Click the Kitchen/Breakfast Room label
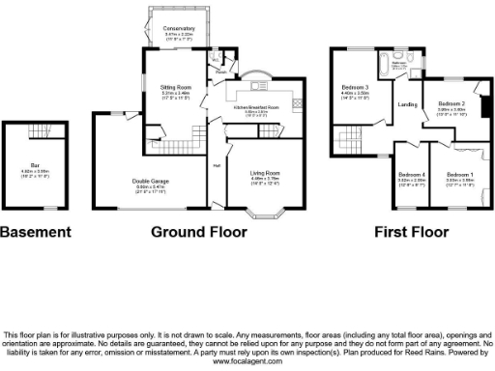coord(256,107)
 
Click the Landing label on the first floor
coord(407,105)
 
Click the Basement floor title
coord(36,232)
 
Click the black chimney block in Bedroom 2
coord(484,102)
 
